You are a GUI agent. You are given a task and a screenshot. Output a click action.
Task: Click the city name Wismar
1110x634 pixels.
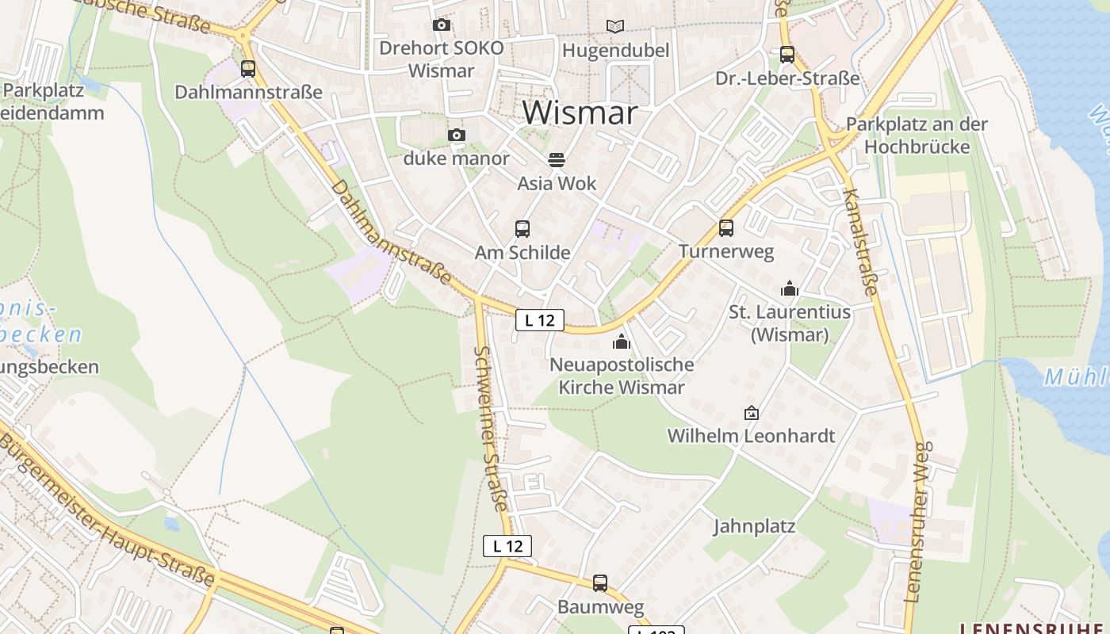pyautogui.click(x=580, y=113)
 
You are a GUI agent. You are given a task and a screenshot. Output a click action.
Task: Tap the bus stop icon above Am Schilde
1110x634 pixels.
pyautogui.click(x=522, y=229)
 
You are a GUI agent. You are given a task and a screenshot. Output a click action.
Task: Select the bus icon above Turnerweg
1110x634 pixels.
pyautogui.click(x=725, y=228)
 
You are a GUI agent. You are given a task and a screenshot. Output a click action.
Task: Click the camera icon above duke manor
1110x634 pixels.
pyautogui.click(x=457, y=136)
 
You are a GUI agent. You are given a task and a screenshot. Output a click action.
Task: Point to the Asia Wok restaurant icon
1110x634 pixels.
pyautogui.click(x=557, y=160)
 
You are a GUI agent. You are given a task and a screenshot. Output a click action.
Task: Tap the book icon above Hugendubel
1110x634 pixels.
pyautogui.click(x=615, y=26)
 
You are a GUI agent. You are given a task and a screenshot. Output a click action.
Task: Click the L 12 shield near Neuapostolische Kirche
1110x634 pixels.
pyautogui.click(x=540, y=320)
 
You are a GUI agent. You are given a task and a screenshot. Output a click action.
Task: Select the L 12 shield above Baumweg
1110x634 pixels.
pyautogui.click(x=507, y=546)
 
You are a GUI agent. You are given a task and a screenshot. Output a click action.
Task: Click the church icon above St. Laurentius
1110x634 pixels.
pyautogui.click(x=789, y=288)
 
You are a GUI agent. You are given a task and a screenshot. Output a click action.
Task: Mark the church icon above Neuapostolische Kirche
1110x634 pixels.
pyautogui.click(x=622, y=342)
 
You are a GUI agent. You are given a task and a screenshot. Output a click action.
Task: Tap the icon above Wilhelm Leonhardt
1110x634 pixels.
pyautogui.click(x=751, y=413)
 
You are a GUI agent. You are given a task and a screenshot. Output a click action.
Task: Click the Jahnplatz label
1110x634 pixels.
pyautogui.click(x=754, y=526)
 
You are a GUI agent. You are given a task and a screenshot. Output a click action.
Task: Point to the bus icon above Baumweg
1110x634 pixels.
pyautogui.click(x=600, y=583)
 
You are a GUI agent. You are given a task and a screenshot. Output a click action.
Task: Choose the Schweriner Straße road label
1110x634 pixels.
pyautogui.click(x=492, y=428)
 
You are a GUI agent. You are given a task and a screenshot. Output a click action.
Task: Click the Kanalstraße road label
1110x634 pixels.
pyautogui.click(x=860, y=242)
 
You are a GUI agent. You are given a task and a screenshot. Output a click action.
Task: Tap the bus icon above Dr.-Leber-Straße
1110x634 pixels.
pyautogui.click(x=787, y=55)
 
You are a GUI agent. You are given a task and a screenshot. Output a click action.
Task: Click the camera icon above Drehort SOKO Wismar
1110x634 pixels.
pyautogui.click(x=442, y=25)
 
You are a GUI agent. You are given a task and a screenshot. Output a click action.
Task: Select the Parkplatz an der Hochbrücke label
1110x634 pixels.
pyautogui.click(x=917, y=136)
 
